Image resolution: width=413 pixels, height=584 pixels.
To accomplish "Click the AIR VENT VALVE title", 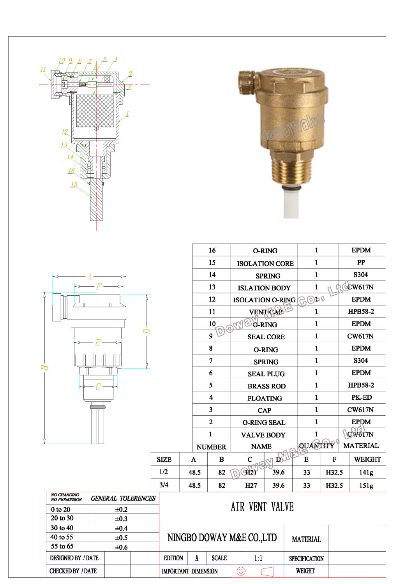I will [262, 507].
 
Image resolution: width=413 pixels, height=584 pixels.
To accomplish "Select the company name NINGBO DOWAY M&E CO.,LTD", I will [222, 538].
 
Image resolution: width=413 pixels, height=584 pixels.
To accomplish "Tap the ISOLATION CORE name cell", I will [265, 263].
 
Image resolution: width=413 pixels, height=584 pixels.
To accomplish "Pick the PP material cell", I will [361, 262].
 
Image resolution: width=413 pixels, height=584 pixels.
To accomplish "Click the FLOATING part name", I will [265, 398].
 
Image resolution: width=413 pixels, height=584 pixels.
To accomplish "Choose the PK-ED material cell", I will [361, 397].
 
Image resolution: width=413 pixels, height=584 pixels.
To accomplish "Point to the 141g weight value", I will [366, 472].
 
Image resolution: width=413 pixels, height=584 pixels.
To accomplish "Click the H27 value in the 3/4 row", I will [251, 485].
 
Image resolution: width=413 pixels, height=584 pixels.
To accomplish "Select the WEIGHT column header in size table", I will [367, 459].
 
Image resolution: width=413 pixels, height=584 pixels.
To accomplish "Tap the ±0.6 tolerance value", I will [121, 547].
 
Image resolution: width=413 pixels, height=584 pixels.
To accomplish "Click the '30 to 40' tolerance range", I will [62, 528].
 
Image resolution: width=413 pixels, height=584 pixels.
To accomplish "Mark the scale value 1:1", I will [258, 558].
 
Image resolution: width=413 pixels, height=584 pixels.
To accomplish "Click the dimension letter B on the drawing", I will [45, 367].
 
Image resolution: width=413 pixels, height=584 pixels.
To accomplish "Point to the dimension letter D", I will [147, 331].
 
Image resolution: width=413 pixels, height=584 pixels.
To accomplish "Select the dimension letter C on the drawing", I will [98, 387].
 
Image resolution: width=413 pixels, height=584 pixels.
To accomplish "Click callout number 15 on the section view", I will [74, 184].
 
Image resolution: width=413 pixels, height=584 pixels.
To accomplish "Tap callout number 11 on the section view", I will [43, 69].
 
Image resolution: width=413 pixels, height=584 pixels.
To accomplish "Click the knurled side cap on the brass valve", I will [246, 81].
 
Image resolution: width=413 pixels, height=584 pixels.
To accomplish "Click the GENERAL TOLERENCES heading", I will [123, 498].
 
